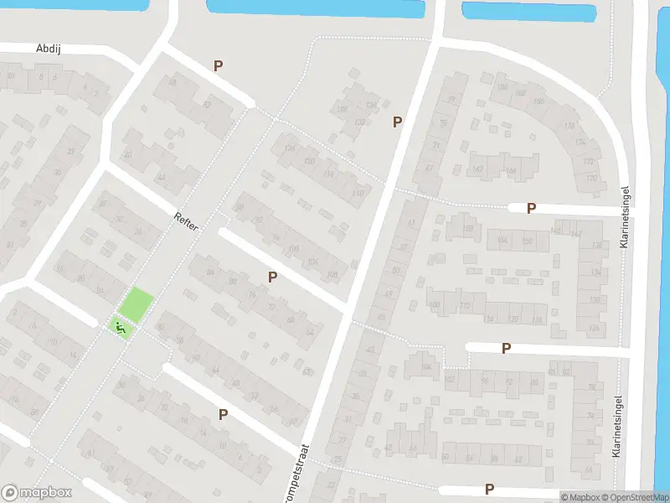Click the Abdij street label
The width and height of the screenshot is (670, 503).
49,49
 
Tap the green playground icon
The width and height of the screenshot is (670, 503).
121,327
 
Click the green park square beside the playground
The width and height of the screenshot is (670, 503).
136,303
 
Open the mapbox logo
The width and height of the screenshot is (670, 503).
37,492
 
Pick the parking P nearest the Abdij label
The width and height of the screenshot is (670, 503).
219,65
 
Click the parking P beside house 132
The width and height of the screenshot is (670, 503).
398,122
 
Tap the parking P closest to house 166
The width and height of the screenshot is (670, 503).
531,208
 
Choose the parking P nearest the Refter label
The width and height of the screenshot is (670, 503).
272,277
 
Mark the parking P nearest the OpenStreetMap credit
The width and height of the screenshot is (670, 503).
489,489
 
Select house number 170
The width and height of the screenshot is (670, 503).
591,179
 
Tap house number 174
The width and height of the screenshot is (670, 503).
580,143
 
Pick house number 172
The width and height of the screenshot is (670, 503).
588,161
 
